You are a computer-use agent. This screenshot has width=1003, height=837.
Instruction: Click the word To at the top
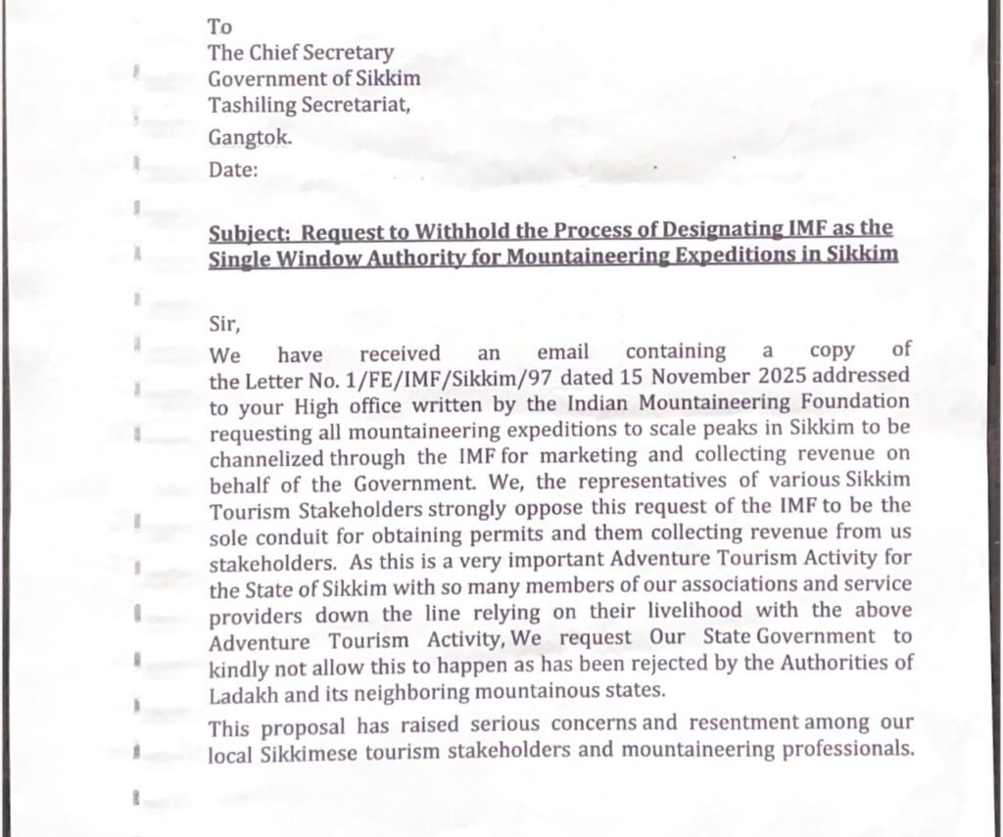[219, 27]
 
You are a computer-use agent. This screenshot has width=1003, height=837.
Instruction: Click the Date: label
[233, 170]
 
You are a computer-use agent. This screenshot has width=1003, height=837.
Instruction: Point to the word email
[563, 352]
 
